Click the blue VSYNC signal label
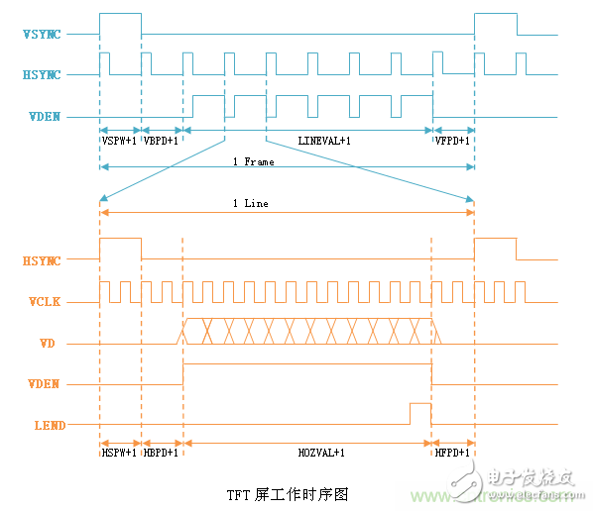click(x=43, y=35)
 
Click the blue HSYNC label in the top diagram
click(x=43, y=75)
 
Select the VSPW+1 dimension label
click(x=120, y=141)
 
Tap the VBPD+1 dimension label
click(x=162, y=141)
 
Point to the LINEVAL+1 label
click(x=324, y=141)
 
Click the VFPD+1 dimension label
click(x=453, y=141)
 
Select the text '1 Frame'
click(x=254, y=161)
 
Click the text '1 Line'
click(x=250, y=203)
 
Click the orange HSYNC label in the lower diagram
click(x=43, y=261)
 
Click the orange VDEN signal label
click(x=46, y=384)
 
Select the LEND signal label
click(x=47, y=426)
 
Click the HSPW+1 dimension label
click(x=120, y=453)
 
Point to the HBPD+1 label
click(x=162, y=453)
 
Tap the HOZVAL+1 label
click(x=321, y=453)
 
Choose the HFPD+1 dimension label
click(x=453, y=453)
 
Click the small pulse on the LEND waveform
click(x=420, y=413)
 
